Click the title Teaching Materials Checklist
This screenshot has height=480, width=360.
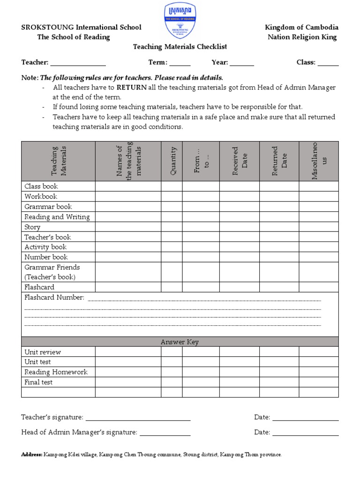pos(180,47)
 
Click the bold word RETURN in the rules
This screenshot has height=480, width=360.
pos(132,88)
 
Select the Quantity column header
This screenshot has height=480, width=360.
pos(172,161)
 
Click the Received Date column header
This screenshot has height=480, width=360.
pos(240,161)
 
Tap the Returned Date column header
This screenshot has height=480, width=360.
pos(279,161)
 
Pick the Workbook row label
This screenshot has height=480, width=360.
pos(41,196)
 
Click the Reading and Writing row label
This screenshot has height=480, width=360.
pos(57,217)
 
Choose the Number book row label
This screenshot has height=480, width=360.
pos(46,257)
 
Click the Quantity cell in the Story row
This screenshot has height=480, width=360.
pos(172,227)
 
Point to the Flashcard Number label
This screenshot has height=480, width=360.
pos(54,298)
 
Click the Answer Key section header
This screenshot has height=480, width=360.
pos(180,342)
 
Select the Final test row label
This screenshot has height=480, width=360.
pos(38,382)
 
